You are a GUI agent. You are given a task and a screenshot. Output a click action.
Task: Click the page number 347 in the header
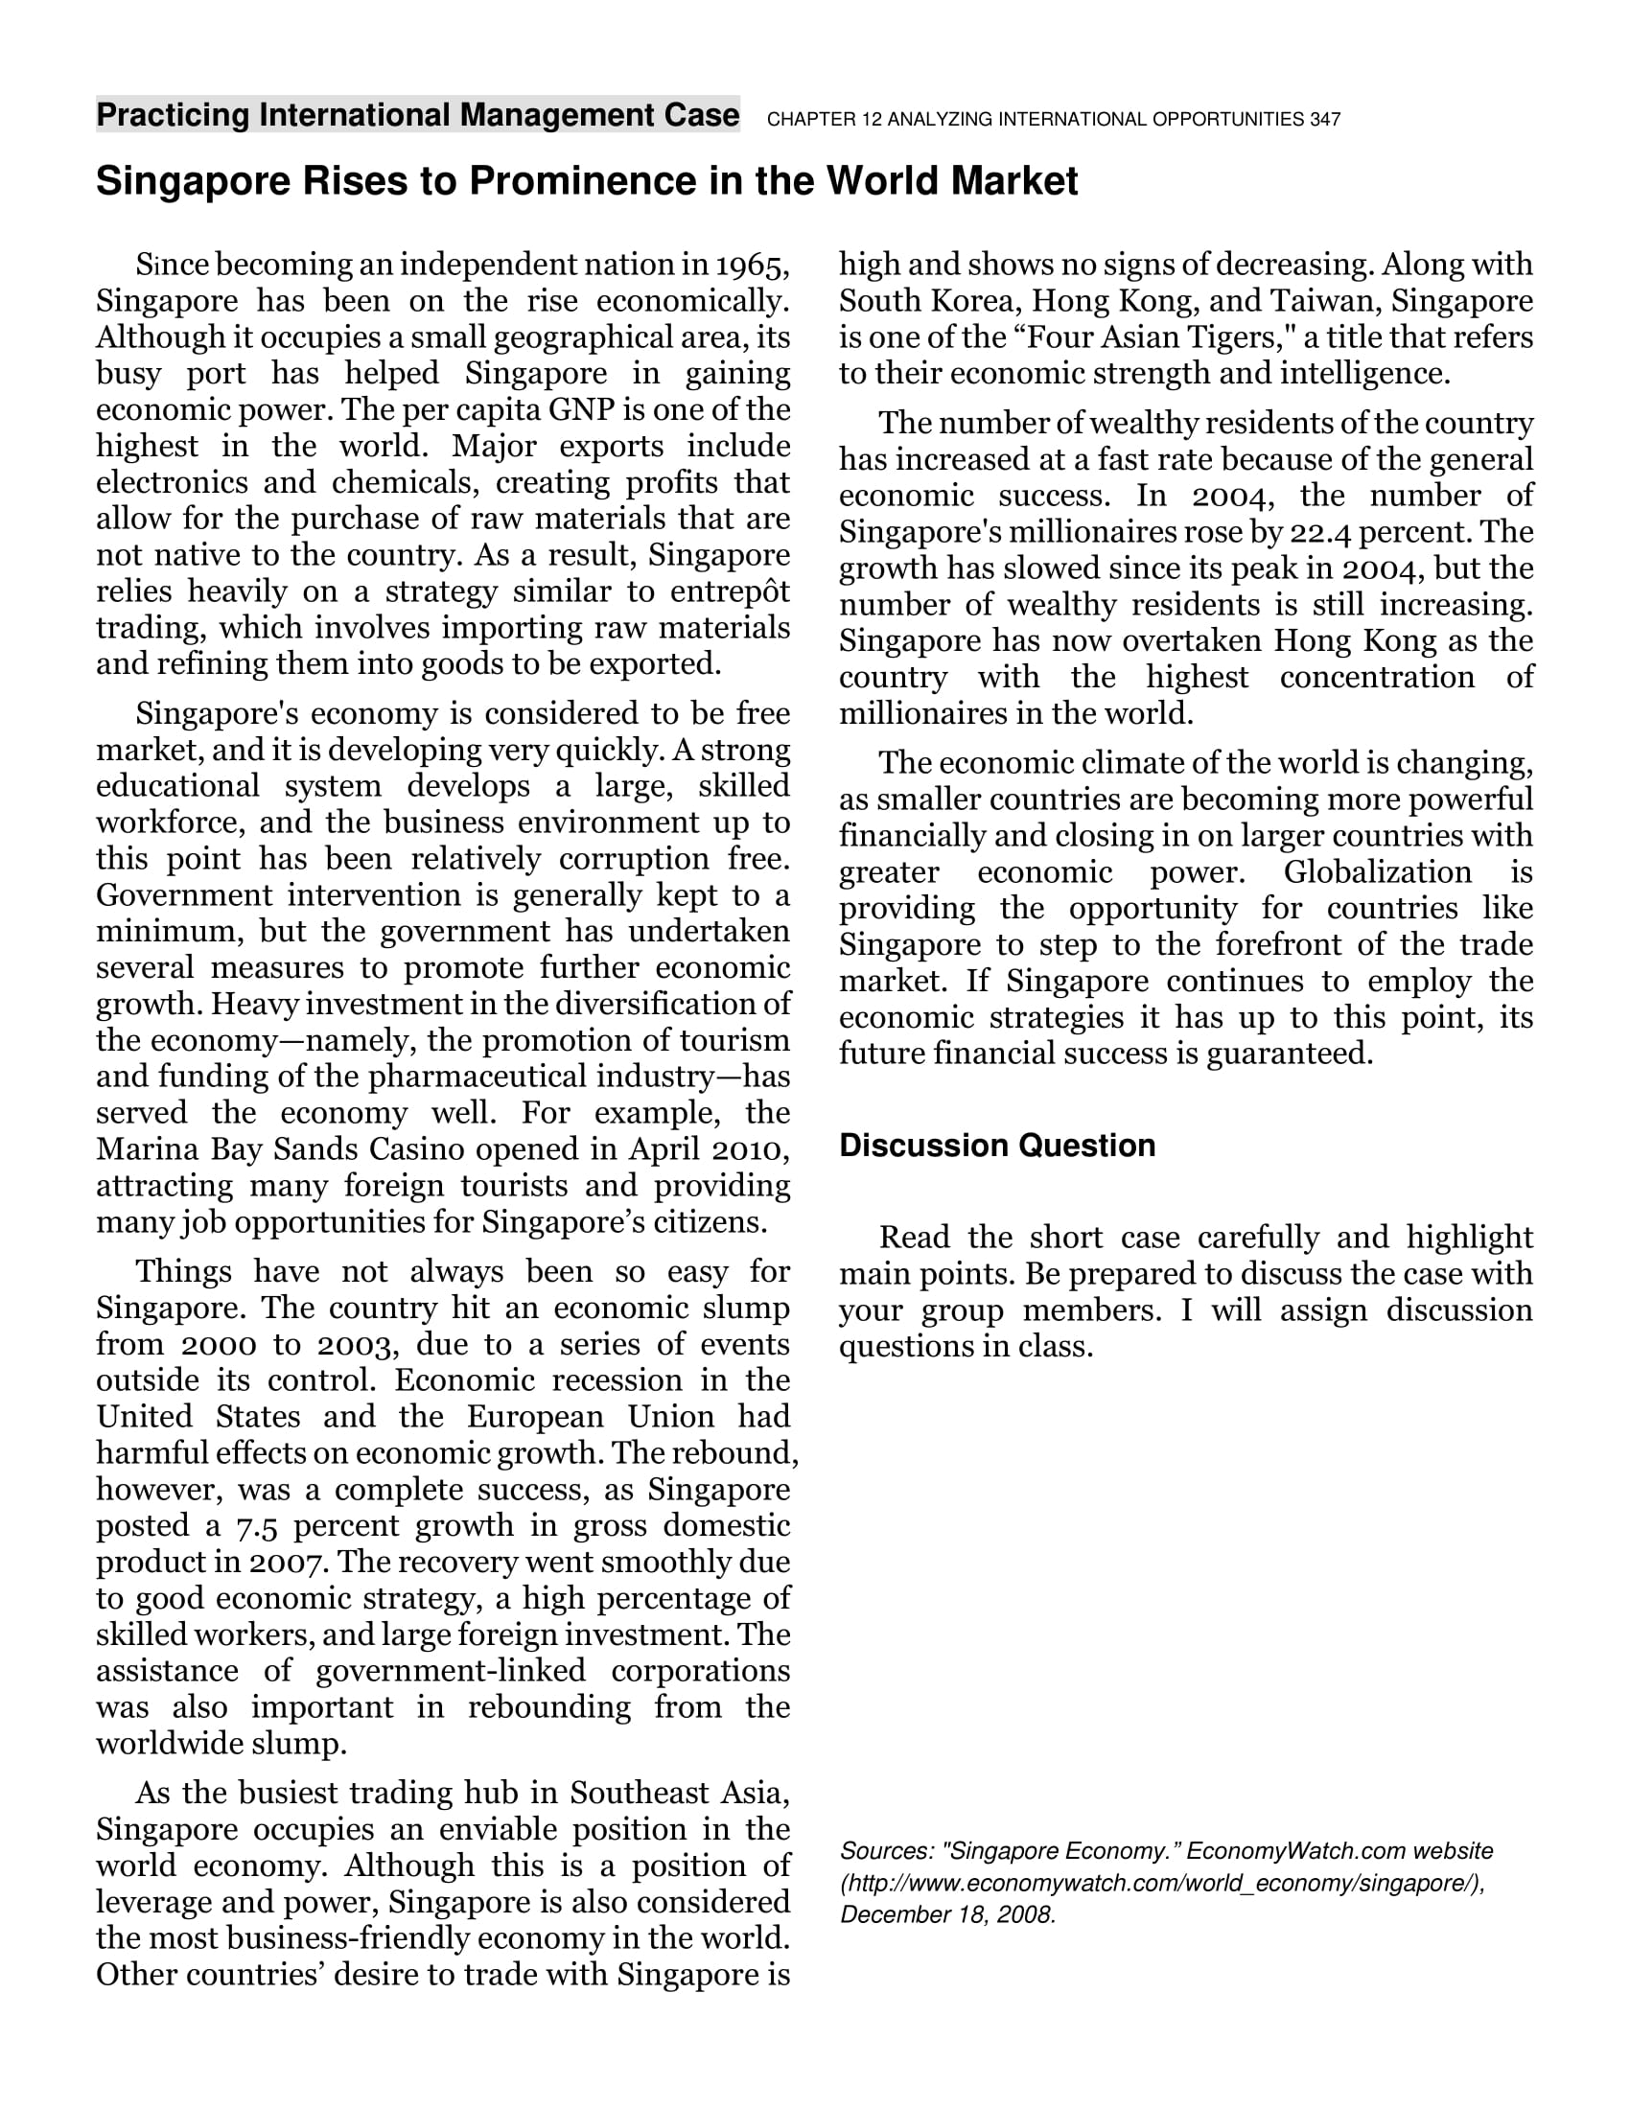click(x=1325, y=120)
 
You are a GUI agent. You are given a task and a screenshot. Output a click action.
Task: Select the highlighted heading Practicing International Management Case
click(x=417, y=115)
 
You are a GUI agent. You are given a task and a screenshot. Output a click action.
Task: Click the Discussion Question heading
click(x=996, y=1146)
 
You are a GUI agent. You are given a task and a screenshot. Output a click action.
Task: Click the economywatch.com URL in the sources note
click(x=1163, y=1884)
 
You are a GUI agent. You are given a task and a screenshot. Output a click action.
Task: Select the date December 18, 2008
click(x=947, y=1915)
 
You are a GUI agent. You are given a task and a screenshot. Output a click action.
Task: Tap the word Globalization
click(x=1377, y=872)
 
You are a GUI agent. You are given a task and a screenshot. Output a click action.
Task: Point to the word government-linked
click(x=450, y=1671)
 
